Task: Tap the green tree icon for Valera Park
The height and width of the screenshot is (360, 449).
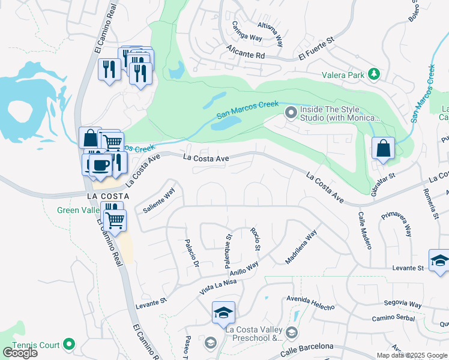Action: click(x=375, y=74)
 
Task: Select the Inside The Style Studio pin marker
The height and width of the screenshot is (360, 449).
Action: click(x=291, y=112)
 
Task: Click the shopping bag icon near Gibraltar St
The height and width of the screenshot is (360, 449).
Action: click(x=382, y=148)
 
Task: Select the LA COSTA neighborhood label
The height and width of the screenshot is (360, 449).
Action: click(x=108, y=196)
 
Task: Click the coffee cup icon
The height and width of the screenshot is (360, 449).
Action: click(x=100, y=165)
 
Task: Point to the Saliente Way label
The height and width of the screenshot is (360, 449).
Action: click(x=158, y=200)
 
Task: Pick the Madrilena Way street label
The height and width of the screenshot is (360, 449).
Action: click(x=301, y=248)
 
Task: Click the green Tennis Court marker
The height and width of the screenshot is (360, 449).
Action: click(x=69, y=344)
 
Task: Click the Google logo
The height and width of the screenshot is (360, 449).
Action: click(x=20, y=353)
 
